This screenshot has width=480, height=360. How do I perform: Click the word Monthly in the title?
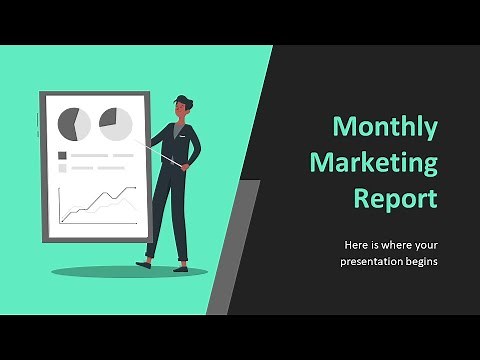[x=385, y=127]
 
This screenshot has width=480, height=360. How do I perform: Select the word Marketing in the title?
[x=374, y=162]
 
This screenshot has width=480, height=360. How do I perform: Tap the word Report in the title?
[x=396, y=197]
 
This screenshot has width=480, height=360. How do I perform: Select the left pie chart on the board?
[x=73, y=124]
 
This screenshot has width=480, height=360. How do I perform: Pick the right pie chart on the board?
[x=115, y=124]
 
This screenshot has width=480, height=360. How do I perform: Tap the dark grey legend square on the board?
[x=63, y=155]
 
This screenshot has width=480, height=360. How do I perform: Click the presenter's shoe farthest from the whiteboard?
[x=180, y=267]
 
